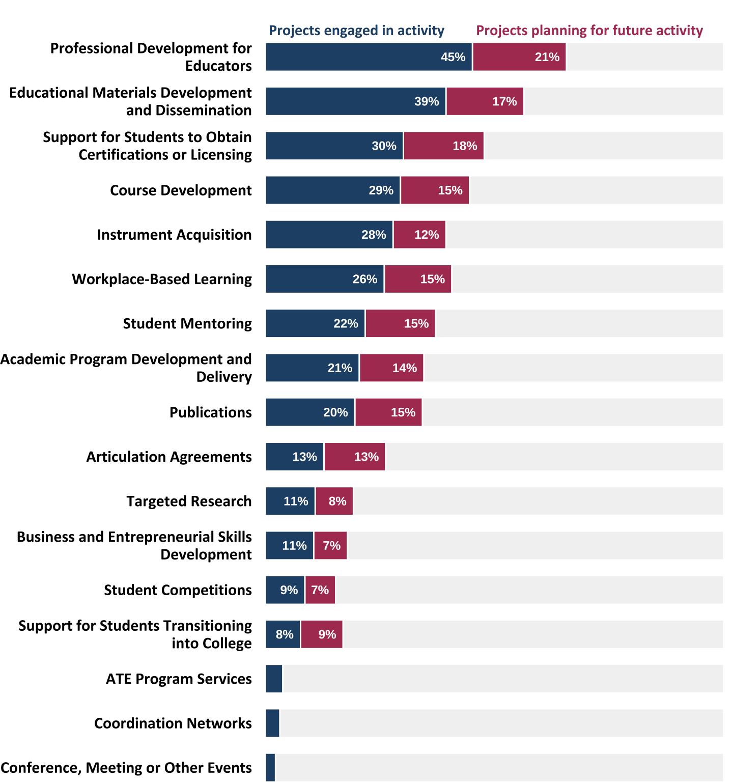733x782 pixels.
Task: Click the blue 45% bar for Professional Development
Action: (369, 57)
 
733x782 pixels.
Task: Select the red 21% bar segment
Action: (519, 57)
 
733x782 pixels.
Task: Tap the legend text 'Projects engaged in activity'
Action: (356, 31)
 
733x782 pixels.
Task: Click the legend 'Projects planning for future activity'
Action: (589, 31)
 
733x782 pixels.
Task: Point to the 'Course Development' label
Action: (181, 190)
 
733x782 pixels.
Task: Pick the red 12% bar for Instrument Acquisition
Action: (419, 235)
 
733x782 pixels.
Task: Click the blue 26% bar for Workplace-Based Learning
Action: (325, 279)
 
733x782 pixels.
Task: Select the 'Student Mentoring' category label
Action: (187, 324)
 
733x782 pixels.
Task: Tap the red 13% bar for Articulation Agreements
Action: (355, 457)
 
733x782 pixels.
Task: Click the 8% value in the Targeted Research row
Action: (337, 501)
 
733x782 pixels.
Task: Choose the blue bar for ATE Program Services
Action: (274, 679)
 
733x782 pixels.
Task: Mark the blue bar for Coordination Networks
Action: (272, 723)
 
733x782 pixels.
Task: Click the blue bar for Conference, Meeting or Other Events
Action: (270, 767)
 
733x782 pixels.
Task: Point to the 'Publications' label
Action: (210, 412)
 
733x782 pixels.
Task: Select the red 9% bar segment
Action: (322, 634)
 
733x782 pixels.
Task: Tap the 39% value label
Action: (427, 101)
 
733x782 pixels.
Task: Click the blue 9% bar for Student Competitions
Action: (285, 590)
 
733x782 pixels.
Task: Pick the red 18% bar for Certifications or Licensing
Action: (443, 146)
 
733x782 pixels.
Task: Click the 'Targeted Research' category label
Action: (189, 501)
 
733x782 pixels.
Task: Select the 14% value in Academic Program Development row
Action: (405, 368)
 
